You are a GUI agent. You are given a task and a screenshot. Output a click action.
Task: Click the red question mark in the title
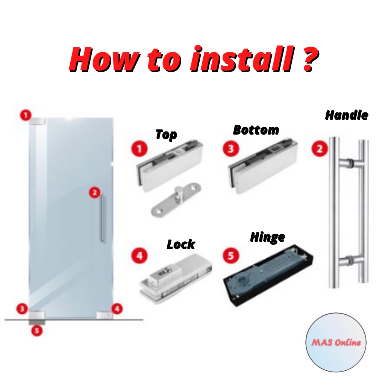point(308,59)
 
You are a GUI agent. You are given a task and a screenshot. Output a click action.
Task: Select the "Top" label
point(166,134)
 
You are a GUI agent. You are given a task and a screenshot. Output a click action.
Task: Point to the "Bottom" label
point(256,130)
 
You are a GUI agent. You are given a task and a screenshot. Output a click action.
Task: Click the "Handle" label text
point(346,115)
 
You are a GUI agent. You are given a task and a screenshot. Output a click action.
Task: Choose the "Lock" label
point(181,244)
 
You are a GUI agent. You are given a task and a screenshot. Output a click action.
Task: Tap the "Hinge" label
point(267,238)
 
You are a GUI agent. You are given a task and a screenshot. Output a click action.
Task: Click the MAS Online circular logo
point(336,342)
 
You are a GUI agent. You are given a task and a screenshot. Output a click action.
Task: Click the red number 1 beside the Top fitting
point(139,149)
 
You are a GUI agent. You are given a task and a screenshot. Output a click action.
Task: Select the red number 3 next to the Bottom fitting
point(230,149)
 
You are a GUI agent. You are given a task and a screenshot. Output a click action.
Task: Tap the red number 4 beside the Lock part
point(139,256)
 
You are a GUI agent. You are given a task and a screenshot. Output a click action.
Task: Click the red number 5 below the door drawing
point(37,330)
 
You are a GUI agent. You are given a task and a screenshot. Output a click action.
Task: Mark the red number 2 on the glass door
point(94,193)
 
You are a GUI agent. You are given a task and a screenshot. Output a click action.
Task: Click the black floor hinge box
point(268,276)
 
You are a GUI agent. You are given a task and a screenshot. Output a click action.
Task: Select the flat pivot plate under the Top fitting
point(176,203)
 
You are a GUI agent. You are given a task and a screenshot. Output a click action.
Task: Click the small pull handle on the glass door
point(103,218)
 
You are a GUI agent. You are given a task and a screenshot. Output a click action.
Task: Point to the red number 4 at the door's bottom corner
point(117,309)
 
